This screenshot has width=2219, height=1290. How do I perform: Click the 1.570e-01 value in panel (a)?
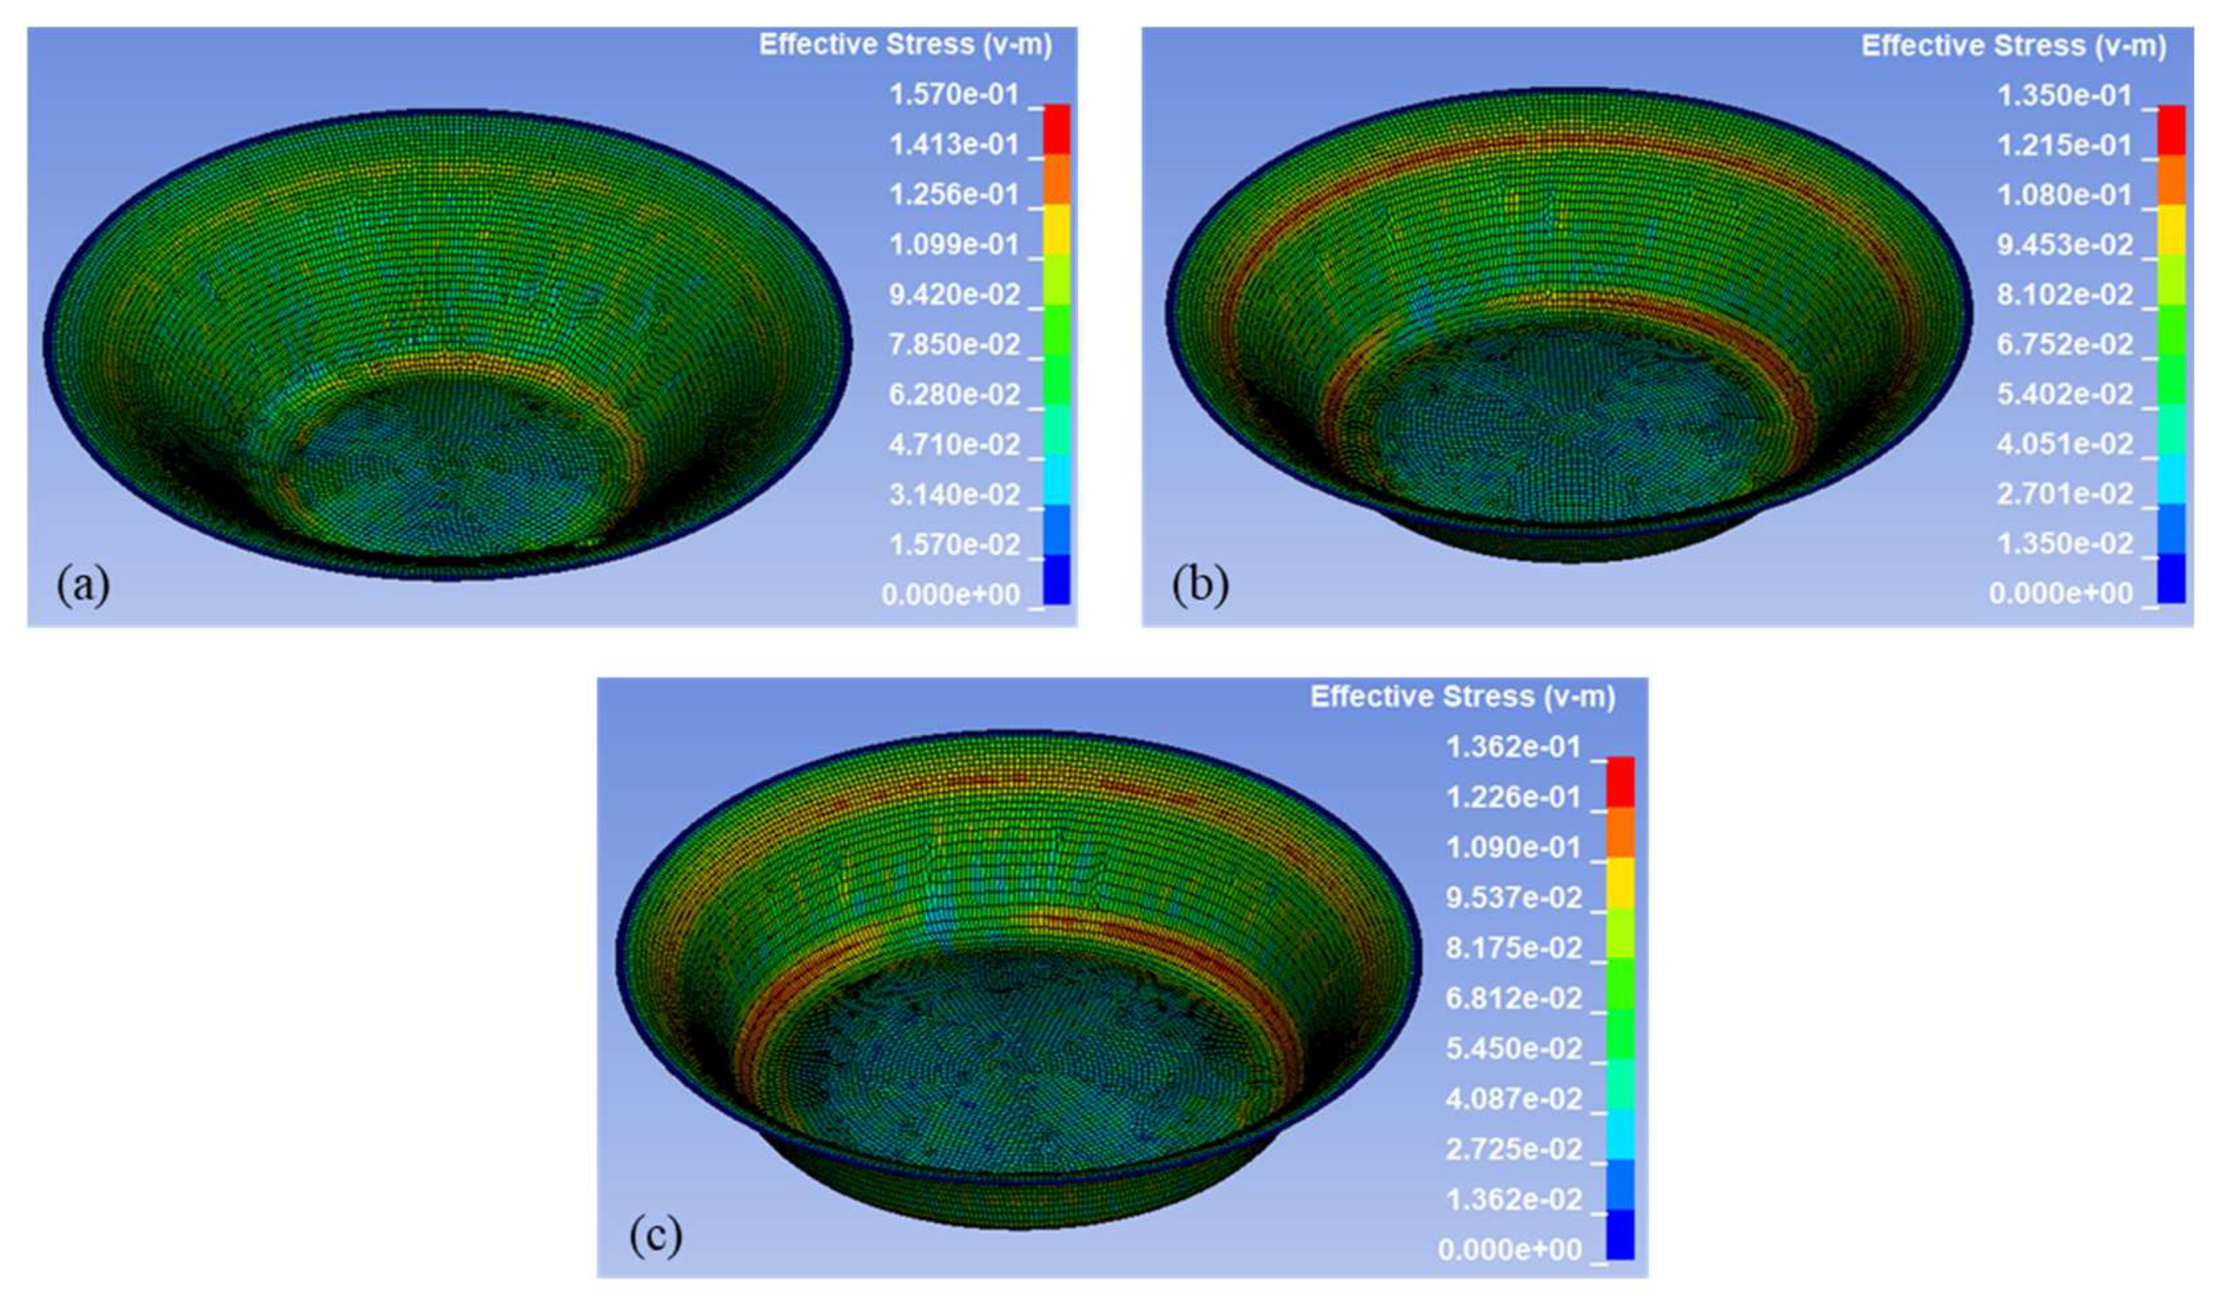click(x=954, y=94)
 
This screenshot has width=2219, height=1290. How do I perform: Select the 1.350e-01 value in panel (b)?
click(x=2065, y=95)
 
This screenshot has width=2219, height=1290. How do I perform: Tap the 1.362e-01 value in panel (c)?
click(x=1514, y=747)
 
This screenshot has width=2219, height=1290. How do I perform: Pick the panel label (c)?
click(x=655, y=1236)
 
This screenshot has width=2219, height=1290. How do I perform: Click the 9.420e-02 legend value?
click(x=954, y=294)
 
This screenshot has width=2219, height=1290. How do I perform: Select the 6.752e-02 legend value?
click(x=2065, y=343)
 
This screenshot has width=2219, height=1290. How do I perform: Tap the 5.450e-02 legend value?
click(x=1514, y=1048)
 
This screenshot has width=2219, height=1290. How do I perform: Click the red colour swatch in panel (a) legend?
click(x=1057, y=130)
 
